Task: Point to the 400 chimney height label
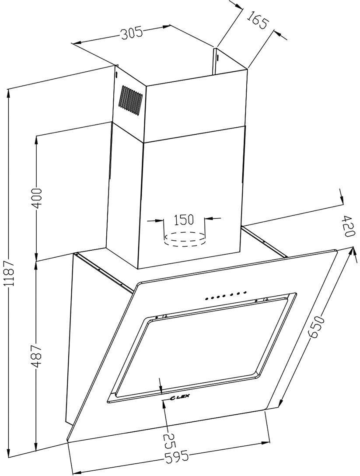pyautogui.click(x=37, y=198)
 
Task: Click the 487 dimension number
pyautogui.click(x=37, y=356)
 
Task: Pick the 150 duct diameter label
pyautogui.click(x=184, y=219)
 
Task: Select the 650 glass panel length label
pyautogui.click(x=316, y=327)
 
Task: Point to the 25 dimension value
pyautogui.click(x=169, y=442)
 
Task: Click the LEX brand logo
pyautogui.click(x=179, y=396)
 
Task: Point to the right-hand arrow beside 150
pyautogui.click(x=213, y=218)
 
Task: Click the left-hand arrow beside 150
pyautogui.click(x=155, y=220)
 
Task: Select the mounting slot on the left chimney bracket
pyautogui.click(x=116, y=75)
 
